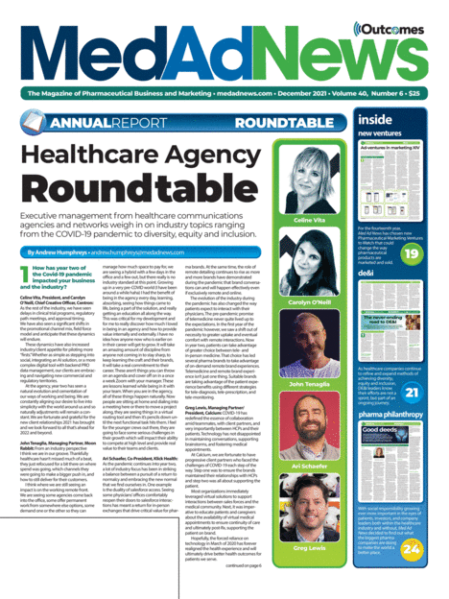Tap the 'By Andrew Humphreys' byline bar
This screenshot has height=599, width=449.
[96, 251]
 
